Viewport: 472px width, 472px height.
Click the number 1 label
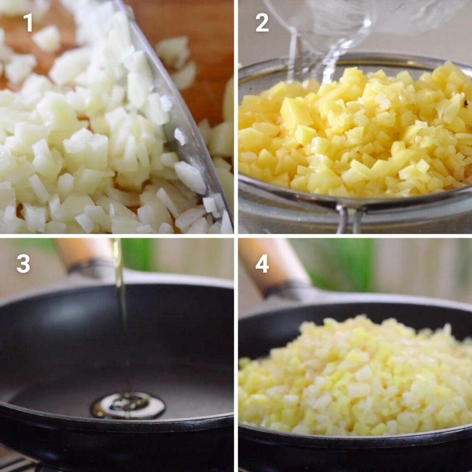[x=29, y=23]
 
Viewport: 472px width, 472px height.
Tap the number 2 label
[x=262, y=23]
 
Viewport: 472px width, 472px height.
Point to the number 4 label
[x=262, y=263]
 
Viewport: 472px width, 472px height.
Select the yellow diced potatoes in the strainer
[x=355, y=134]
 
